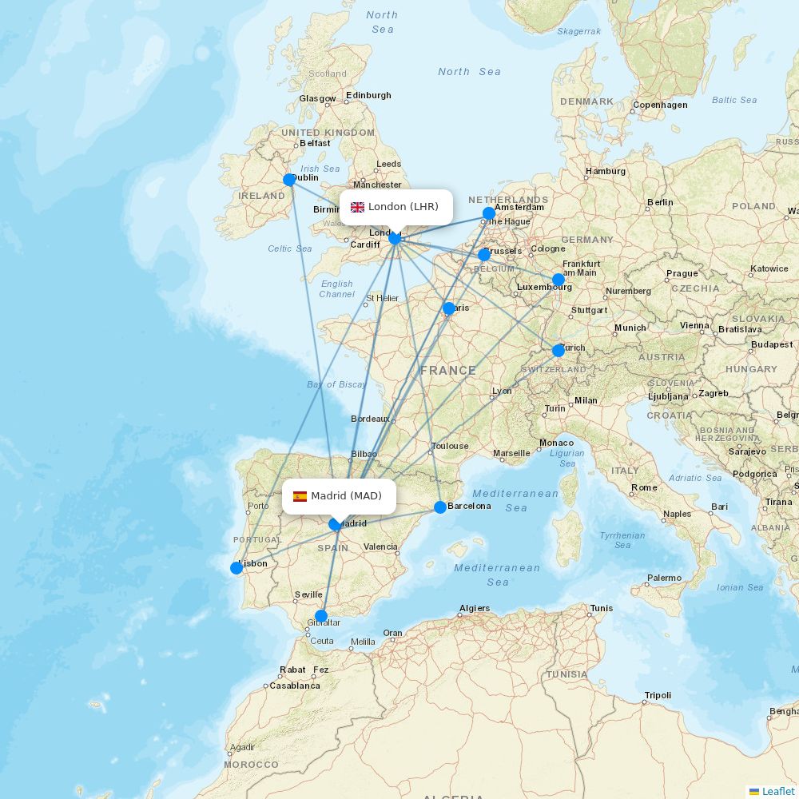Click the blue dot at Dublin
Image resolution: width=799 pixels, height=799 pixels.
coord(289,180)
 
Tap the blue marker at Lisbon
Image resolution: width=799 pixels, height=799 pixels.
coord(237,568)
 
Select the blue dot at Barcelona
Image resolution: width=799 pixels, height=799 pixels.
coord(440,507)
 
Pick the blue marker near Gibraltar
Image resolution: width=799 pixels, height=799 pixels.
coord(321,616)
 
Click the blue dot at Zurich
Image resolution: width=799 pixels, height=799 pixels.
coord(559,350)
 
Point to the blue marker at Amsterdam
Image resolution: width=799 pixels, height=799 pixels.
coord(489,213)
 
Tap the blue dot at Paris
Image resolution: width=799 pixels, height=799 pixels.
coord(449,308)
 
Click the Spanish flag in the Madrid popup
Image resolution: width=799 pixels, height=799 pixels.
coord(300,496)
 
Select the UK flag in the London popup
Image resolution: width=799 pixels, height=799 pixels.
coord(357,207)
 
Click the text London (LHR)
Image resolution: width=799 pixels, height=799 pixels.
coord(403,207)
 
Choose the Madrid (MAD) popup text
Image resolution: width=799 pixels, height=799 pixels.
coord(347,496)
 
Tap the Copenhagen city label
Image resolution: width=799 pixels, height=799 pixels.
coord(660,105)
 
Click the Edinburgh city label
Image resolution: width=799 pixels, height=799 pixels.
coord(368,95)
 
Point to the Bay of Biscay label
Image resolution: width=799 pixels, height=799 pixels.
coord(336,384)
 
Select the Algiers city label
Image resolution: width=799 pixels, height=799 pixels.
coord(474,608)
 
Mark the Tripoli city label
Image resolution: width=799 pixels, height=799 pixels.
coord(658,695)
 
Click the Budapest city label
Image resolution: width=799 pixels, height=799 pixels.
coord(772,344)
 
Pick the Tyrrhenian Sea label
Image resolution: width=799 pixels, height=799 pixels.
coord(622,540)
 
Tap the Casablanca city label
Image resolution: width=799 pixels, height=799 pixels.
coord(295,686)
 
